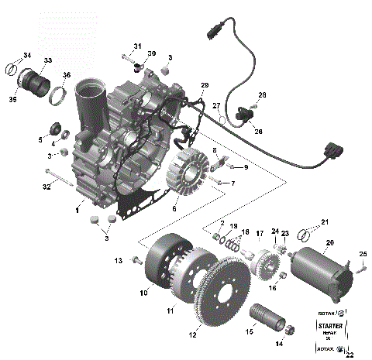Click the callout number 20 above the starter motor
pos(330,242)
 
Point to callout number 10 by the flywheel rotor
pos(144,293)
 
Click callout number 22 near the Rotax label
pos(350,355)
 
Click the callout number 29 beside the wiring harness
pos(205,84)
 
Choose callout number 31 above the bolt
pos(137,46)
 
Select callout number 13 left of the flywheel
pos(119,259)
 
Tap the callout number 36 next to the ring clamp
pos(67,75)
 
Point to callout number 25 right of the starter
pos(362,254)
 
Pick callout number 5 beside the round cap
pos(40,139)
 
